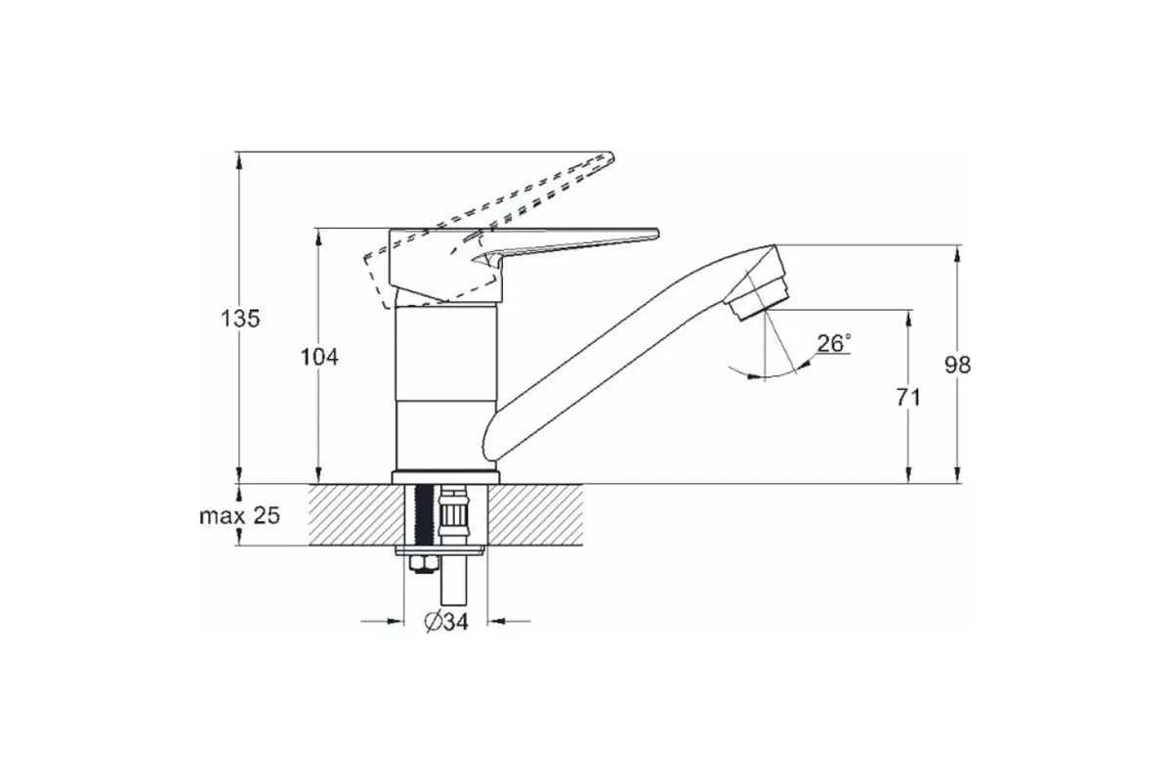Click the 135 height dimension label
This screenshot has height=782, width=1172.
[240, 319]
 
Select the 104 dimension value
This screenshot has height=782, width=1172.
[319, 357]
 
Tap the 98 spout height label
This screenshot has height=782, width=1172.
[957, 365]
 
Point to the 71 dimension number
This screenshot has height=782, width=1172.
[908, 398]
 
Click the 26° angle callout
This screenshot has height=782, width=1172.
[834, 344]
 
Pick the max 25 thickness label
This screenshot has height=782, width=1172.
[239, 516]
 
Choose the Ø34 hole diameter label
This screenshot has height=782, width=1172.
[446, 622]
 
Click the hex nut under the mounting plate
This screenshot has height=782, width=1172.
[423, 564]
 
